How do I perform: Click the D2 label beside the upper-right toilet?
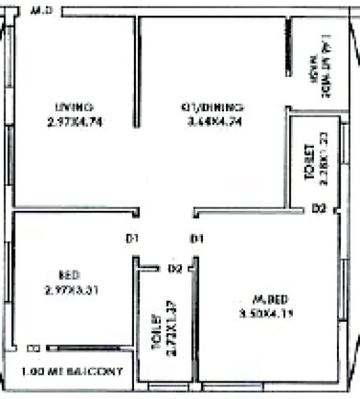[319, 209]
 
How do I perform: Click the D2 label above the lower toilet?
[175, 269]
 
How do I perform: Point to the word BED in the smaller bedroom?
[68, 275]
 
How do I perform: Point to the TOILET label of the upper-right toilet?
[309, 155]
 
